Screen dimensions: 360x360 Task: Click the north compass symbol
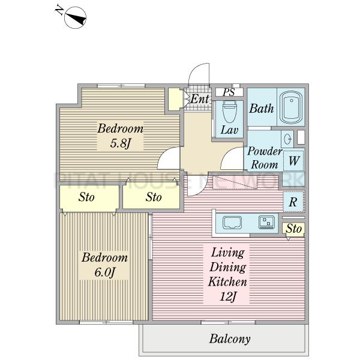pos(75,17)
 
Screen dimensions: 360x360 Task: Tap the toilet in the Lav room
pos(229,112)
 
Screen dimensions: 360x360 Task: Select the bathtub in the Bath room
pos(292,107)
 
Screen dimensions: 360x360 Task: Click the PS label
pos(229,92)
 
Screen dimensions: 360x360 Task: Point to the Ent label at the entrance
pos(200,99)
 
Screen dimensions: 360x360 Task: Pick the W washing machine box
pos(294,161)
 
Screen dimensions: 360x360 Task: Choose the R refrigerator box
pos(293,202)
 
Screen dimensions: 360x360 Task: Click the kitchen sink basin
pos(232,223)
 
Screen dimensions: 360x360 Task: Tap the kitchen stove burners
pos(266,222)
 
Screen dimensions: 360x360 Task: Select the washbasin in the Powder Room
pos(287,139)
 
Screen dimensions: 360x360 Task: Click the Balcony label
pos(230,339)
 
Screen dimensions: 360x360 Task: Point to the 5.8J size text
pos(121,143)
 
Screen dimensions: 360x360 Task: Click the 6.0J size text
pos(104,272)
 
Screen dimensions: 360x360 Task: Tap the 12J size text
pos(228,296)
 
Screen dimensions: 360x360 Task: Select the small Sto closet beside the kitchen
pos(293,229)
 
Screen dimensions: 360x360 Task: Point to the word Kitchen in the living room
pos(227,282)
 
